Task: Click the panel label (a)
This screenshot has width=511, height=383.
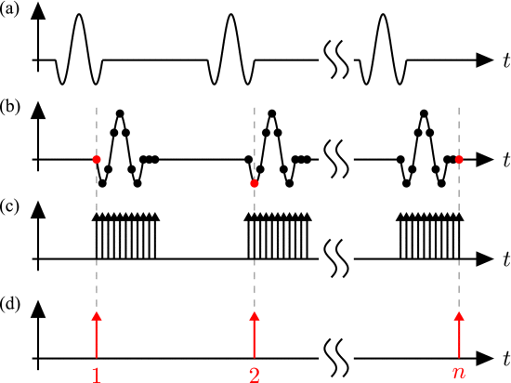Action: point(9,9)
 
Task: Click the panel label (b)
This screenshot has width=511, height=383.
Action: point(10,107)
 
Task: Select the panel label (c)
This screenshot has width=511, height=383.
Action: point(9,206)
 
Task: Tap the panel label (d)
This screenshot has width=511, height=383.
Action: point(10,304)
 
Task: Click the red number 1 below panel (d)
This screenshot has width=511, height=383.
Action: point(96,376)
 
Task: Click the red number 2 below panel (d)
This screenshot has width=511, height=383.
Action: point(255,376)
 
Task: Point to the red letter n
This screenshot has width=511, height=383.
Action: point(459,373)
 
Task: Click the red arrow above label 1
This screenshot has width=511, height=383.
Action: point(96,335)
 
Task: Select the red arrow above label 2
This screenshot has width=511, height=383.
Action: point(255,335)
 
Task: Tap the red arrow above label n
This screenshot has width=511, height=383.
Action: point(459,335)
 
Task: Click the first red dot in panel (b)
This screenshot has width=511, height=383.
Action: point(96,159)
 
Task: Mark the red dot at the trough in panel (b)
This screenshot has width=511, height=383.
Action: point(255,183)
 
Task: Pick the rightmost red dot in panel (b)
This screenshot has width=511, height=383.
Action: point(459,159)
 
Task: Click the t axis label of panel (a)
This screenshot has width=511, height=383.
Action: point(506,60)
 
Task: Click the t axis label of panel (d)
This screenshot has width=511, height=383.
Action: point(506,359)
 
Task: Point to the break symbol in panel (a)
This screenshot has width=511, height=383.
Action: point(336,59)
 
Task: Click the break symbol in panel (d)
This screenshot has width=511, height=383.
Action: point(336,358)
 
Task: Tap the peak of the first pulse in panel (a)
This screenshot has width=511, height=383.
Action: point(78,14)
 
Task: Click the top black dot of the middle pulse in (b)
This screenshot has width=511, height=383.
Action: point(272,113)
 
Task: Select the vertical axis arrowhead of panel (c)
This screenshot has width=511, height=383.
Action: point(38,209)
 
